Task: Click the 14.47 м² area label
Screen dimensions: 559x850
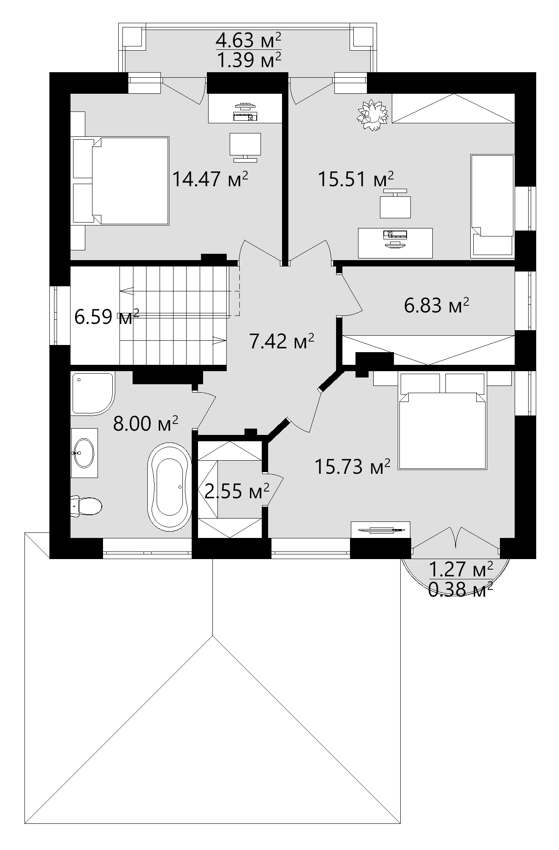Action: pyautogui.click(x=210, y=179)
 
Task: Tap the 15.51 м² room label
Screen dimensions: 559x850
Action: pyautogui.click(x=355, y=179)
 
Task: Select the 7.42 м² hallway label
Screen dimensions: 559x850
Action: pyautogui.click(x=282, y=341)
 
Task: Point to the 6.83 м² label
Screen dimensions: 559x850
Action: pyautogui.click(x=437, y=305)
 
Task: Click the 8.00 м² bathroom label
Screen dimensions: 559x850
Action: pyautogui.click(x=146, y=424)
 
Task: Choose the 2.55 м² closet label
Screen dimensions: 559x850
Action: pyautogui.click(x=237, y=491)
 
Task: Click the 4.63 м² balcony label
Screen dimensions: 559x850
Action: pyautogui.click(x=248, y=41)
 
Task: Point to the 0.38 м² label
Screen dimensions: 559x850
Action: pyautogui.click(x=461, y=589)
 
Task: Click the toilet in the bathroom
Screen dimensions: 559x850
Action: pyautogui.click(x=86, y=506)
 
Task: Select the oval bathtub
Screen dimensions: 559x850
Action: pyautogui.click(x=169, y=486)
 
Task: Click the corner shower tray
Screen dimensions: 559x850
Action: pyautogui.click(x=93, y=393)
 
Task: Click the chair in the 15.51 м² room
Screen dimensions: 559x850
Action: pyautogui.click(x=396, y=204)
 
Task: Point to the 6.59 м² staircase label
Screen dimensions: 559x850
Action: pyautogui.click(x=107, y=317)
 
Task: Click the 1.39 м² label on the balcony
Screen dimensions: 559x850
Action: pyautogui.click(x=248, y=60)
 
